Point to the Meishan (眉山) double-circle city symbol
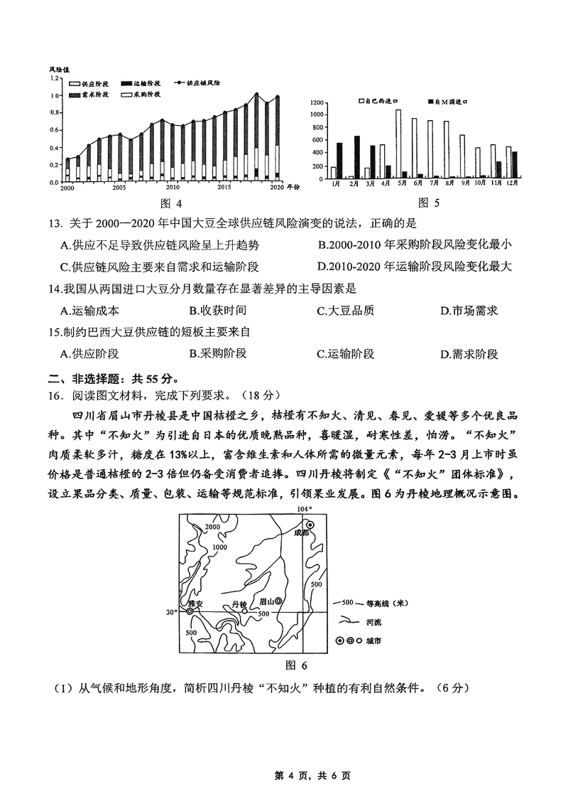point(278,601)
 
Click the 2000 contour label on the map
point(212,527)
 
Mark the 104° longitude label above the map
point(304,509)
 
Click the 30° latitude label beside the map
point(170,611)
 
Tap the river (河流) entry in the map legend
point(358,621)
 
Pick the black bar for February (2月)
point(356,157)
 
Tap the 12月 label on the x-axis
point(511,183)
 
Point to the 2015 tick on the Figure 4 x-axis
point(224,187)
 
